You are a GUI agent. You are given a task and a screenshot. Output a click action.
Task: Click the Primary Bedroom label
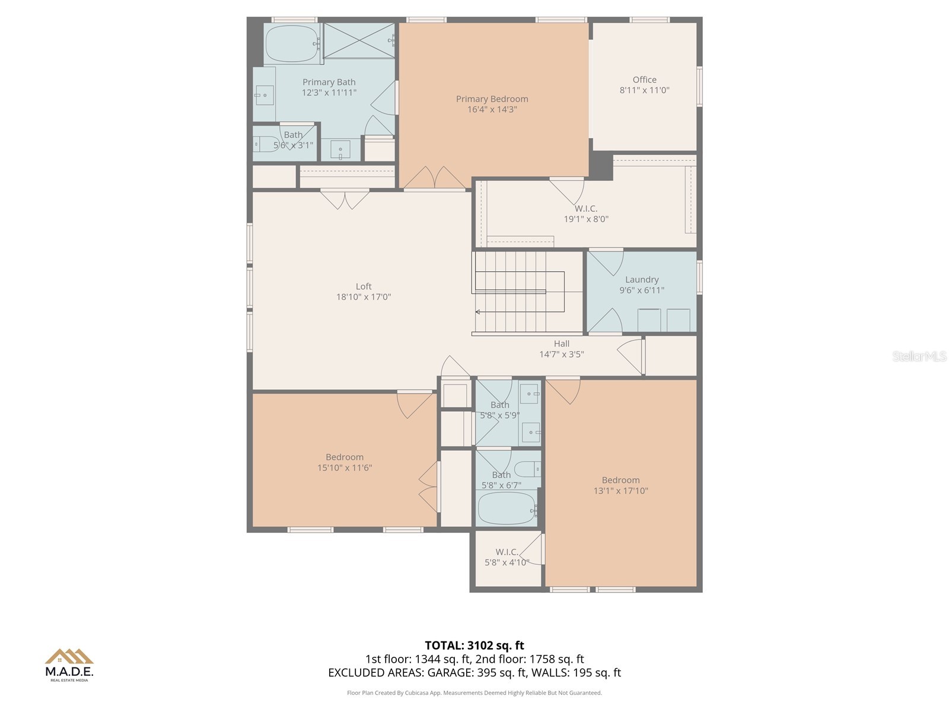pos(492,99)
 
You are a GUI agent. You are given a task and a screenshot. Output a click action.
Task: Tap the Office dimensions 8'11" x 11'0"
pos(644,91)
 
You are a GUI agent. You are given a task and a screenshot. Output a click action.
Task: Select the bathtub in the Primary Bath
pos(291,44)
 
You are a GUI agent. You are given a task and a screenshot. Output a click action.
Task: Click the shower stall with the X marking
pos(359,41)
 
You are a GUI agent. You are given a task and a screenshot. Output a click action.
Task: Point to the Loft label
pos(364,287)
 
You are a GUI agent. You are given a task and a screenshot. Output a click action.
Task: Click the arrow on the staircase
pos(478,311)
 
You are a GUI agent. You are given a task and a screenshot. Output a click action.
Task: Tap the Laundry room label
pos(642,279)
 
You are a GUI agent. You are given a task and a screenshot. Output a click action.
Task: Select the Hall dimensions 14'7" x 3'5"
pos(561,355)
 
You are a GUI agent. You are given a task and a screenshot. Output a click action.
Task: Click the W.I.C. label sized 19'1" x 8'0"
pos(585,209)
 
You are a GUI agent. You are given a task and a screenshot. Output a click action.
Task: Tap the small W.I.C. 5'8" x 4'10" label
pos(507,558)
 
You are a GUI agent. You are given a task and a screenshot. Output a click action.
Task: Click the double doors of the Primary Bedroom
pos(435,178)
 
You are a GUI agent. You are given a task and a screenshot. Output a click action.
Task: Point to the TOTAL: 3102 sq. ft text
pos(474,646)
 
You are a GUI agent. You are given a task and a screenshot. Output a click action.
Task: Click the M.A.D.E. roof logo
pos(69,656)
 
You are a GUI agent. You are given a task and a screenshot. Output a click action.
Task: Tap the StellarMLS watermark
pos(919,357)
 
